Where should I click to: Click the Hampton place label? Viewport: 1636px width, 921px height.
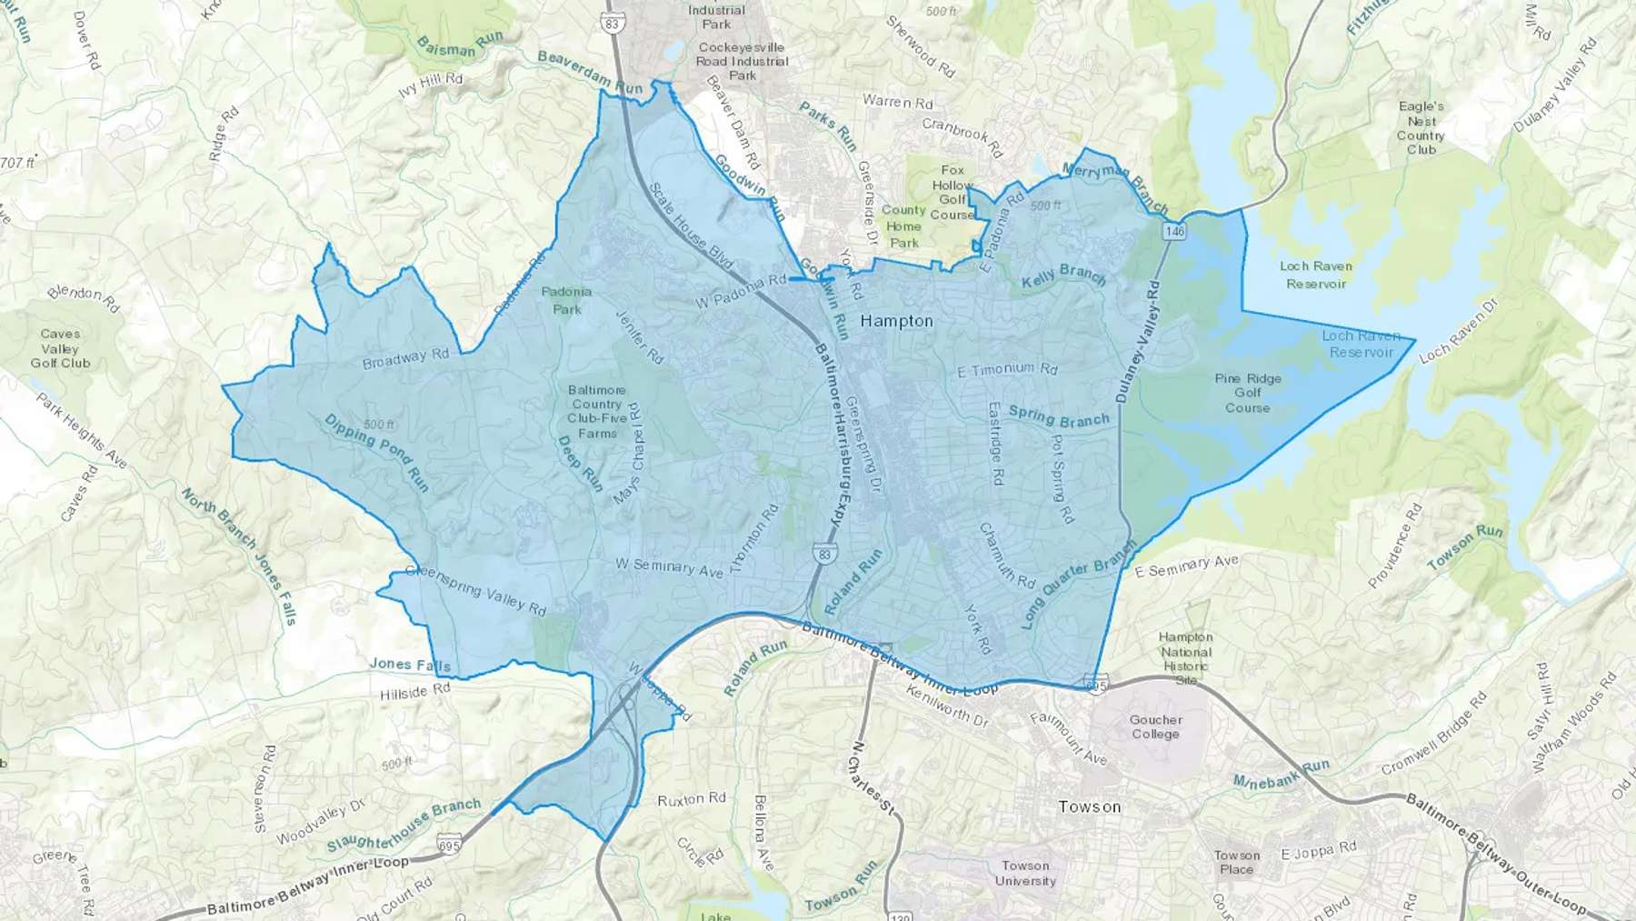[x=896, y=321]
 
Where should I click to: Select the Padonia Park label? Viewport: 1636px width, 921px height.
[x=566, y=300]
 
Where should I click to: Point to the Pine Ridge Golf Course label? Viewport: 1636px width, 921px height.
[x=1247, y=393]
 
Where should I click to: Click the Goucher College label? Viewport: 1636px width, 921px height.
[x=1155, y=726]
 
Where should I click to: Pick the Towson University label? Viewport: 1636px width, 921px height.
[x=1025, y=873]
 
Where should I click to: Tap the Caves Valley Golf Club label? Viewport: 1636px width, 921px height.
[x=60, y=348]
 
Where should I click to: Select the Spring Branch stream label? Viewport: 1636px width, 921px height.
[x=1059, y=417]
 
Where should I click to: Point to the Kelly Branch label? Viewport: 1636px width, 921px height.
[x=1063, y=277]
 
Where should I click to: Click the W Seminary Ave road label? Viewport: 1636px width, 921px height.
[x=669, y=567]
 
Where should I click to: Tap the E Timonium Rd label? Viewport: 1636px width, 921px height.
[x=1008, y=369]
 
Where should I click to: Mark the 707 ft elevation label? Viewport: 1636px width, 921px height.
[x=18, y=164]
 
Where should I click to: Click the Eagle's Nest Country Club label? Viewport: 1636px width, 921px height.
[x=1421, y=127]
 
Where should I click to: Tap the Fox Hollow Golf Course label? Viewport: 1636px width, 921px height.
[x=952, y=192]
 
